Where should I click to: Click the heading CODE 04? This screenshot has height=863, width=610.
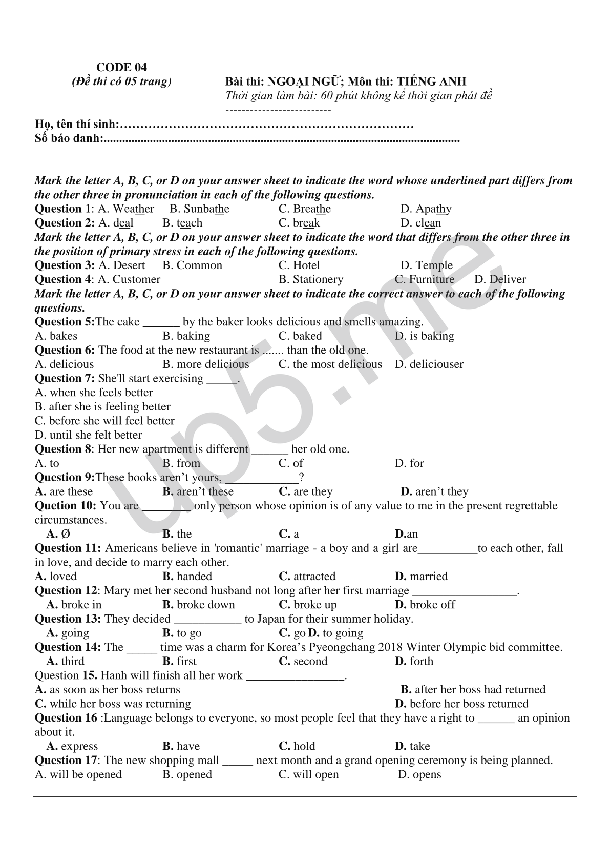[x=121, y=67]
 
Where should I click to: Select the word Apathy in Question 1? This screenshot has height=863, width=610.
[x=433, y=209]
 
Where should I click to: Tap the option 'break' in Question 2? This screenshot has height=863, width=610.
[x=306, y=223]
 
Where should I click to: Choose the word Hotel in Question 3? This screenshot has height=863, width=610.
[x=306, y=265]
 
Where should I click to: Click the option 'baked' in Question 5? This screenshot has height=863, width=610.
[x=307, y=336]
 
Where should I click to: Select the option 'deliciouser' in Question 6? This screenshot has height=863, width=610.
[x=436, y=364]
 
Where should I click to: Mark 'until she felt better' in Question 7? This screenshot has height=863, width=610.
[x=95, y=435]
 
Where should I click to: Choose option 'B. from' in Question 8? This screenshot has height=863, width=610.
[x=181, y=463]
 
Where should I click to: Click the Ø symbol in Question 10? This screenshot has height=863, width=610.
[x=66, y=534]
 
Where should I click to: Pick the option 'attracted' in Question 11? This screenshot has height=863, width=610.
[x=314, y=577]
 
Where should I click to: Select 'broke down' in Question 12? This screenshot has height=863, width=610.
[x=205, y=605]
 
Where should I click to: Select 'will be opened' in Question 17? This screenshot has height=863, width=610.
[x=85, y=774]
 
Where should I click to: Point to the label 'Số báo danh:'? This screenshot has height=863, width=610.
[x=69, y=138]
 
